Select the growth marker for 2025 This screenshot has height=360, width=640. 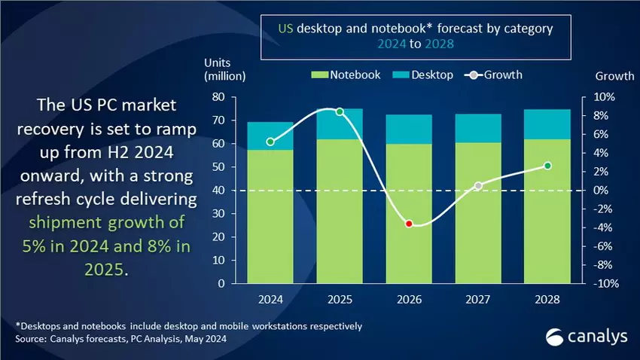pyautogui.click(x=340, y=111)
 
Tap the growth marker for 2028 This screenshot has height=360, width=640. pyautogui.click(x=547, y=166)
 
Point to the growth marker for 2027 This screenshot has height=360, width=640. pyautogui.click(x=478, y=185)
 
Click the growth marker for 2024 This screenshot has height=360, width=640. pyautogui.click(x=270, y=142)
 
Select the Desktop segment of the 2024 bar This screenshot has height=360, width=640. pyautogui.click(x=270, y=136)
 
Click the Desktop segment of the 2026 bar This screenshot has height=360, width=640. pyautogui.click(x=409, y=129)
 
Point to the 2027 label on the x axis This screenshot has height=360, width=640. pyautogui.click(x=478, y=299)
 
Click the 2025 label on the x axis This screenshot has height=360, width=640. pyautogui.click(x=340, y=299)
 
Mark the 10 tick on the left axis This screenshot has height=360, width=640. pyautogui.click(x=219, y=261)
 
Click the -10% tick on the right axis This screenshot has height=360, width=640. pyautogui.click(x=605, y=284)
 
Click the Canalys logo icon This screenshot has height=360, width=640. pyautogui.click(x=556, y=337)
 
